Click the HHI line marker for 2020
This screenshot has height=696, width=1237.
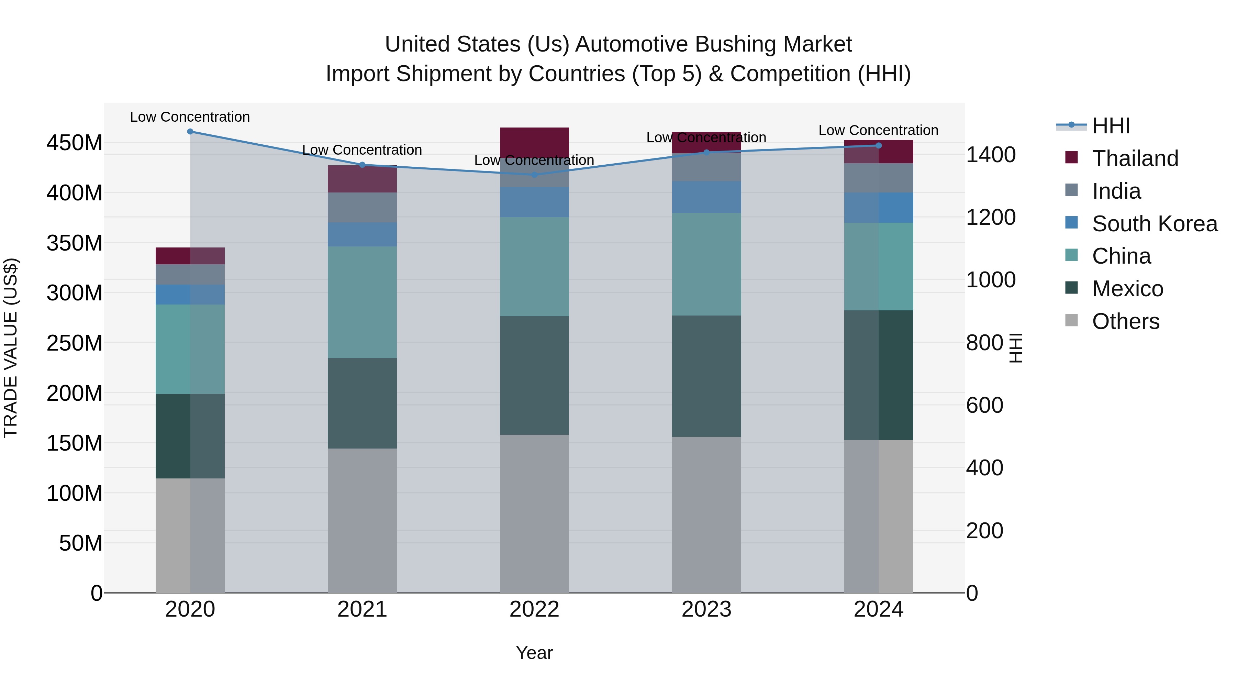coord(190,131)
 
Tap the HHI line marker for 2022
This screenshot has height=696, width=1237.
coord(534,175)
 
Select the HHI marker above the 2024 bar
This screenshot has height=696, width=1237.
coord(879,145)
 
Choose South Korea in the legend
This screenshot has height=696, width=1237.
coord(1155,224)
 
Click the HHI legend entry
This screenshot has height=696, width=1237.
coord(1111,126)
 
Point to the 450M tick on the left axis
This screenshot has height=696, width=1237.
coord(75,143)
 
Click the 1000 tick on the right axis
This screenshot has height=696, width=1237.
coord(990,280)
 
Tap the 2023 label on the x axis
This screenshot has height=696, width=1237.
coord(706,609)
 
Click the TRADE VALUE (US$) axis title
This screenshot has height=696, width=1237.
coord(11,348)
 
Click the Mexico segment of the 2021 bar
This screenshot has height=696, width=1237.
coord(362,404)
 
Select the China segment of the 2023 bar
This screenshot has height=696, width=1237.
coord(706,264)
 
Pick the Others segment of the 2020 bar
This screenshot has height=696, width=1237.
coord(190,535)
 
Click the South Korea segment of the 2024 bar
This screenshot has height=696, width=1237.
coord(879,208)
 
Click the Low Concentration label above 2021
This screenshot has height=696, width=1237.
coord(362,150)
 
